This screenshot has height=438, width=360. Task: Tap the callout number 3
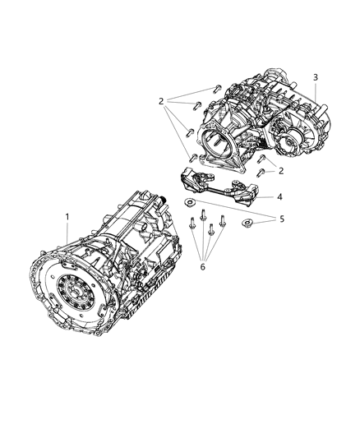[x=316, y=76]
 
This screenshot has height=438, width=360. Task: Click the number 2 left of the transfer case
[x=161, y=101]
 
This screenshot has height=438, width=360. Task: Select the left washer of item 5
[x=188, y=202]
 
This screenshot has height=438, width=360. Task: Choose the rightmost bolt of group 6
[x=222, y=220]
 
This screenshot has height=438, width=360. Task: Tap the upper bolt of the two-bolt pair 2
[x=261, y=160]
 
